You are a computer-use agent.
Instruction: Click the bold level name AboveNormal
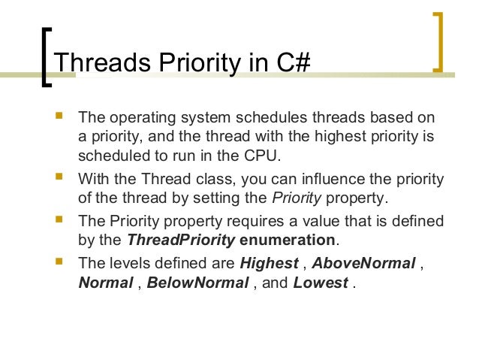[x=363, y=263]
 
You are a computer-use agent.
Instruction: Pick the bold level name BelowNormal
[x=197, y=284]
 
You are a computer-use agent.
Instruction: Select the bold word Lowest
[x=321, y=284]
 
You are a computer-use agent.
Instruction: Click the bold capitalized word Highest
[x=269, y=263]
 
